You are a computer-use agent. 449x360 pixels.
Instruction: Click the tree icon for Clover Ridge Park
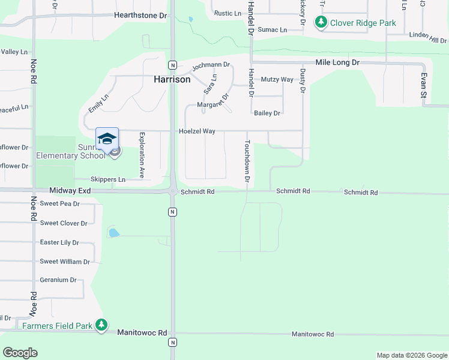[x=321, y=23]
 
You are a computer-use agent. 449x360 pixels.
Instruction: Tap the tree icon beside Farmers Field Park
[x=101, y=326]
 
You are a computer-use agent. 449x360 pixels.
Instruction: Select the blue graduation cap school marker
[x=107, y=139]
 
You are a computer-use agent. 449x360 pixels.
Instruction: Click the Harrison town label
[x=172, y=79]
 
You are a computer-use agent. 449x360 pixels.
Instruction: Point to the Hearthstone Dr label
[x=140, y=15]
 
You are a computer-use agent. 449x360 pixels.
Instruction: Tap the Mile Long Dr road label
[x=337, y=62]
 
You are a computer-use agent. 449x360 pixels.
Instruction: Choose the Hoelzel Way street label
[x=196, y=131]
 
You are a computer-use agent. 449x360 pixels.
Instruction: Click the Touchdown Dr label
[x=246, y=161]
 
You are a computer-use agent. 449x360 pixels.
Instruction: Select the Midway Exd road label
[x=70, y=190]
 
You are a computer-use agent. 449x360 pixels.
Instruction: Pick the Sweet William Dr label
[x=65, y=262]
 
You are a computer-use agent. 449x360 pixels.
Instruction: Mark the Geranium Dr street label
[x=58, y=280]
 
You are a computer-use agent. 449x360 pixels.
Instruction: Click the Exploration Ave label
[x=142, y=155]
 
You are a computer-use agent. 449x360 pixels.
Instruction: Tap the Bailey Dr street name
[x=267, y=113]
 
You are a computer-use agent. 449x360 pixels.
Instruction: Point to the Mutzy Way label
[x=277, y=79]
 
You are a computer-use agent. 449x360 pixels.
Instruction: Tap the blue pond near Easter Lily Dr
[x=113, y=232]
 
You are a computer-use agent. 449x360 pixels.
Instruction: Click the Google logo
[x=20, y=353]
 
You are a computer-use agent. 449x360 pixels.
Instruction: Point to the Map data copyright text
[x=411, y=355]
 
